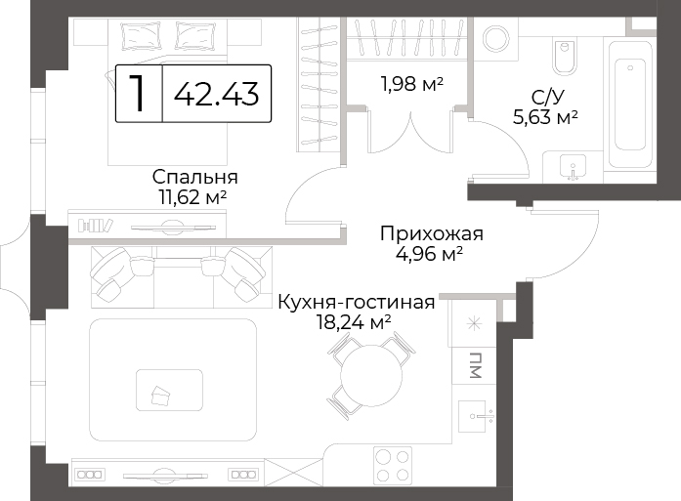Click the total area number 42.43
[x=216, y=94]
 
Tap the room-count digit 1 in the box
[x=138, y=93]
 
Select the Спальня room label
[x=195, y=177]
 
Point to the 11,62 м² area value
[x=193, y=197]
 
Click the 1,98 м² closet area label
[x=411, y=84]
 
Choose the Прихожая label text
[x=432, y=234]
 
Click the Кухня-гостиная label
[x=357, y=302]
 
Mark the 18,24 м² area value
[x=354, y=322]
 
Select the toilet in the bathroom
[x=565, y=56]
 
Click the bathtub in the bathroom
[x=630, y=104]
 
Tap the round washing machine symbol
[x=495, y=39]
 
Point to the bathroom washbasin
[x=573, y=167]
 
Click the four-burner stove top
[x=393, y=466]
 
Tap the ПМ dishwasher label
[x=476, y=365]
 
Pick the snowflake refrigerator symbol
[x=474, y=323]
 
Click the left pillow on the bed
[x=142, y=35]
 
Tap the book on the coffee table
[x=160, y=396]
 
